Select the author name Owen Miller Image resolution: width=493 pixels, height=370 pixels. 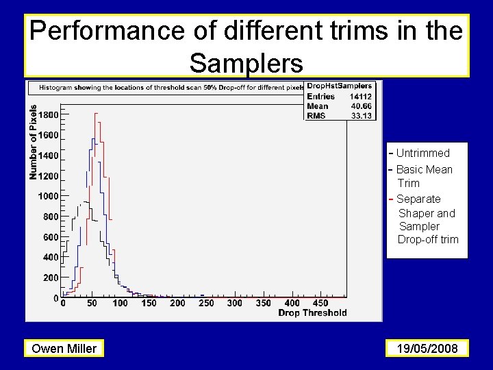(x=64, y=349)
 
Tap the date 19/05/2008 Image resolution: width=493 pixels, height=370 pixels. (x=427, y=349)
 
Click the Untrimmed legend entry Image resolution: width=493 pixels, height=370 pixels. (x=422, y=153)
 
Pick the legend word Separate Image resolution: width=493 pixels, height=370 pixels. (x=418, y=199)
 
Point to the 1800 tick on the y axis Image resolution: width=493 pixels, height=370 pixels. (x=48, y=115)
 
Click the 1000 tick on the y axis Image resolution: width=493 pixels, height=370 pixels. (x=48, y=196)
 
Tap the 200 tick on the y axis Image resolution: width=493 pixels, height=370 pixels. (x=51, y=277)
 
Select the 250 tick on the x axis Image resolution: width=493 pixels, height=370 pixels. (x=205, y=303)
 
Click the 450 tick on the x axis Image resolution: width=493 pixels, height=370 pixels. (x=320, y=303)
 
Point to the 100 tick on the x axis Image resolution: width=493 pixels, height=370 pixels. (x=120, y=303)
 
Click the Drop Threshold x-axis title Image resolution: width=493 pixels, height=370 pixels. (x=312, y=313)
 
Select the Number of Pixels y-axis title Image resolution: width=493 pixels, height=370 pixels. (x=33, y=142)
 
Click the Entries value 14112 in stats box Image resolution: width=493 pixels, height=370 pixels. (x=360, y=97)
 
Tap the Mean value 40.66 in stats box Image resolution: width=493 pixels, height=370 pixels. (x=361, y=106)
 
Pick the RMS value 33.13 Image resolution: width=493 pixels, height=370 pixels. (x=361, y=116)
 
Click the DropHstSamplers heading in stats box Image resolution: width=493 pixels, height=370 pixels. (x=339, y=86)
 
